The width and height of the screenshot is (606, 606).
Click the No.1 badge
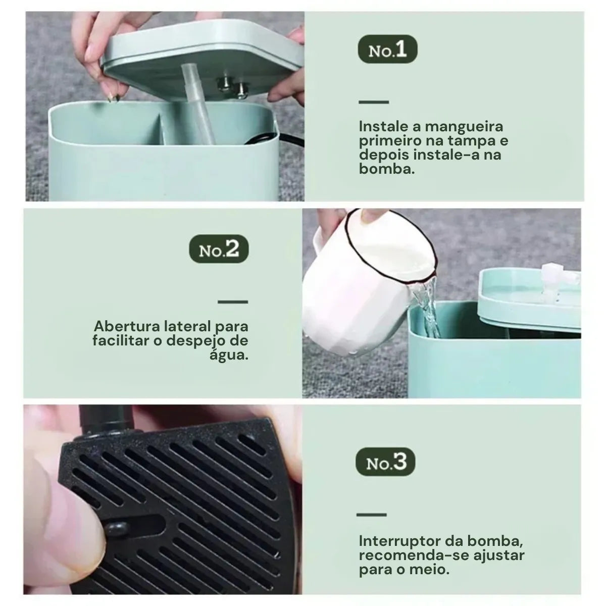(x=387, y=50)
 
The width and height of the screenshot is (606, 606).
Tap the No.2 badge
(x=219, y=250)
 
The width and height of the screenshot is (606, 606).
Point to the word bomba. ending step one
(x=387, y=169)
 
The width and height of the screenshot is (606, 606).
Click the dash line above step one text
(x=374, y=102)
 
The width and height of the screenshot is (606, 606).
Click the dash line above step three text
(x=371, y=515)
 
